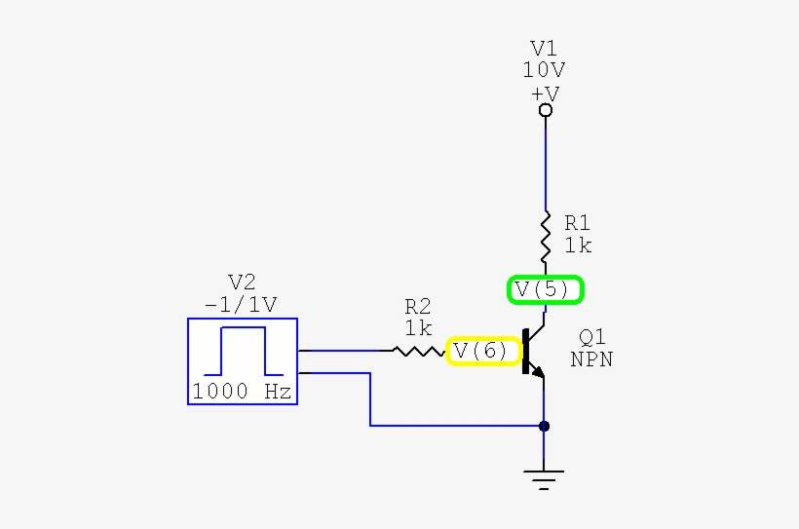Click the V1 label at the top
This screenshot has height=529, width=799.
tap(545, 49)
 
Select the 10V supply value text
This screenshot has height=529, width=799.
tap(545, 70)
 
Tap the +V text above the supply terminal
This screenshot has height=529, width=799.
tap(545, 93)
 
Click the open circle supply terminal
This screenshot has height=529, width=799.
tap(546, 111)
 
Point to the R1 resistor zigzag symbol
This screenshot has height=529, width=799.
tap(545, 235)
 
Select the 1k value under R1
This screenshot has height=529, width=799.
tap(577, 246)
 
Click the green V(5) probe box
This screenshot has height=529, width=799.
tap(545, 289)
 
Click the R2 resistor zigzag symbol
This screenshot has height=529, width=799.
tap(419, 350)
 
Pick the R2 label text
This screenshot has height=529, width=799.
tap(419, 307)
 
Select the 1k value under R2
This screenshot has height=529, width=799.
tap(419, 328)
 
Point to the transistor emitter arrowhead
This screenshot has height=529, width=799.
tap(539, 371)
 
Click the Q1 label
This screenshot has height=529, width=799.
tap(592, 337)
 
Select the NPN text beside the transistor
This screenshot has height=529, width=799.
tap(592, 359)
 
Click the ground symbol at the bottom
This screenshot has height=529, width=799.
tap(544, 476)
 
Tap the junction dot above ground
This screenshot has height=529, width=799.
tap(544, 426)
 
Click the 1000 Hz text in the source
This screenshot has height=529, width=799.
tap(242, 392)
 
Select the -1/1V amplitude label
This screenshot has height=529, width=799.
tap(241, 304)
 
